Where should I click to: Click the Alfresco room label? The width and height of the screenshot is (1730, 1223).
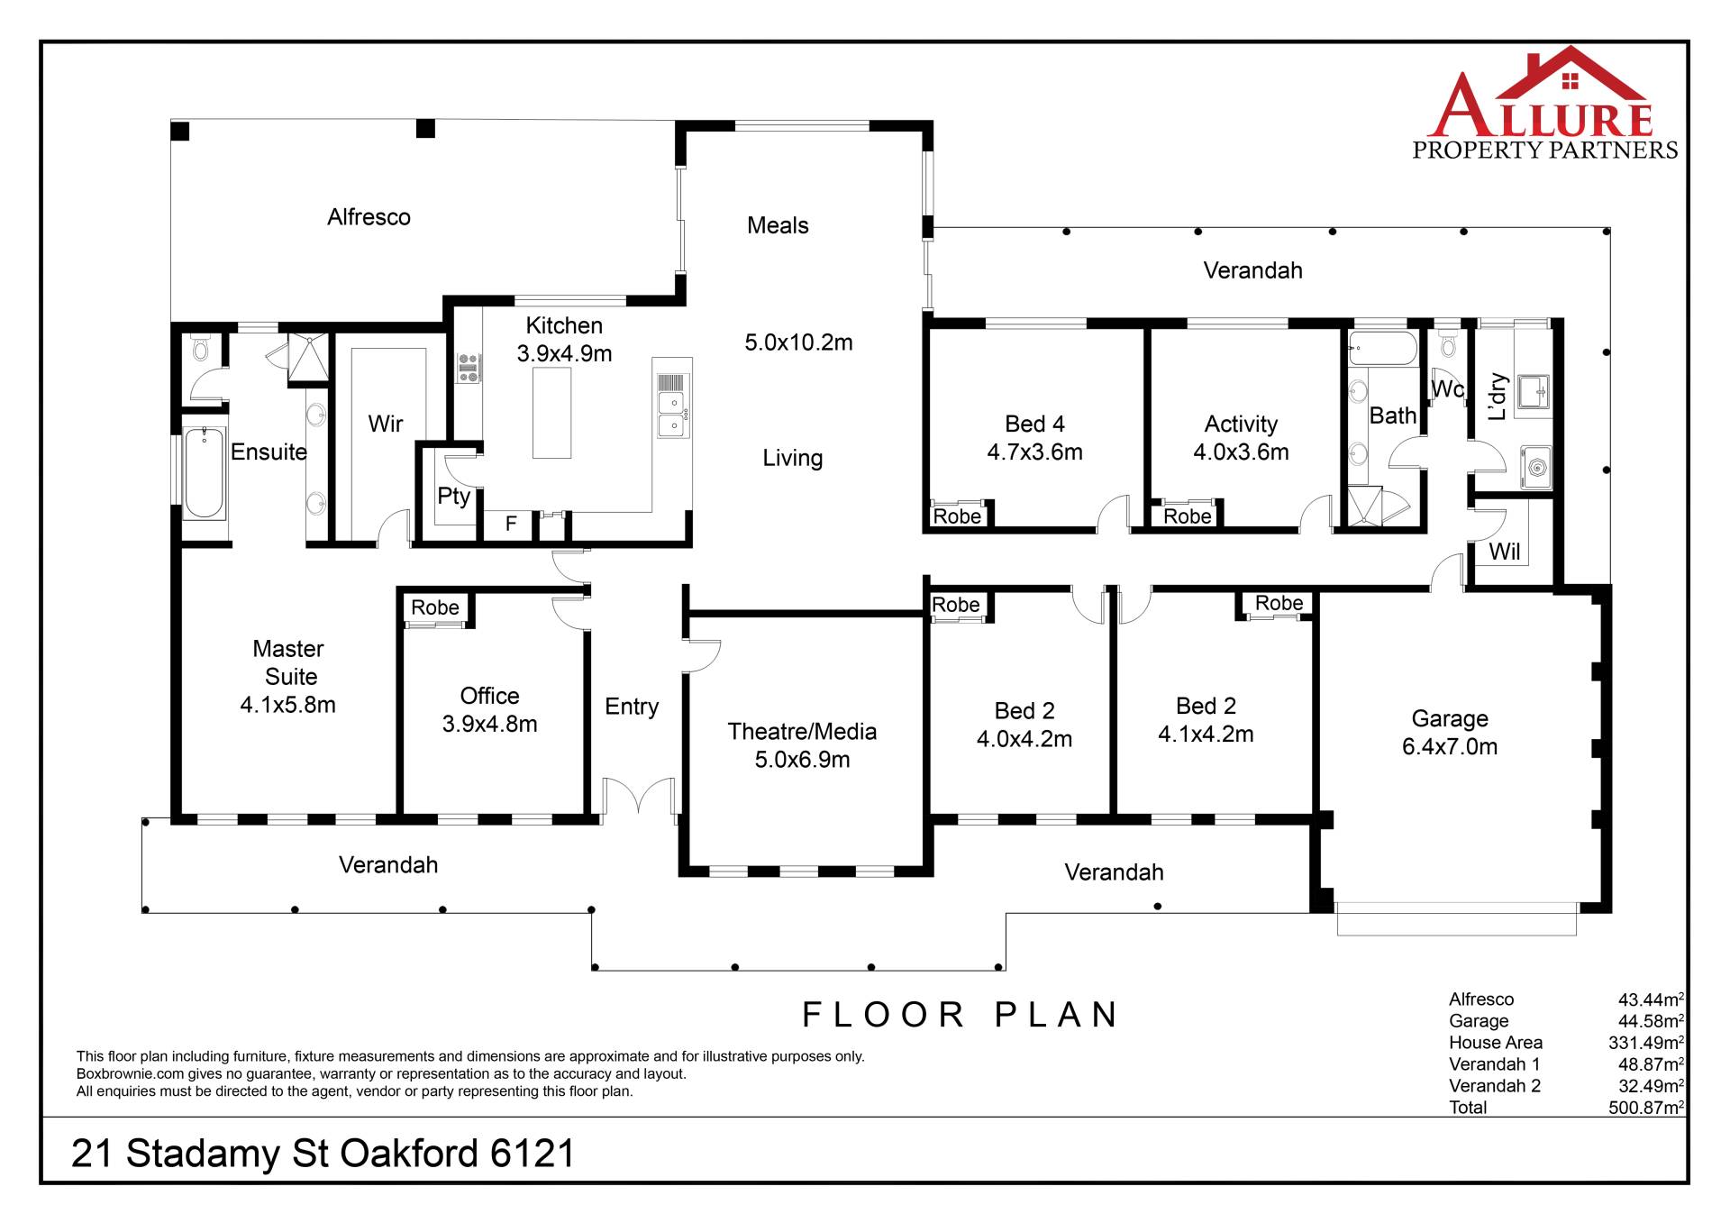pos(369,217)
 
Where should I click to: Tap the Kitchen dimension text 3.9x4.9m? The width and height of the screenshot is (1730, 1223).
pos(564,353)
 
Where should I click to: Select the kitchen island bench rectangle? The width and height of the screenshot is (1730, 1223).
pos(551,413)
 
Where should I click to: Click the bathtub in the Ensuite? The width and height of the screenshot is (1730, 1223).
pos(205,473)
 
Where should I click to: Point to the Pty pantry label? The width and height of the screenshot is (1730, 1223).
pos(454,496)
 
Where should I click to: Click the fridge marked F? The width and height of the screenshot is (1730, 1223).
pos(511,524)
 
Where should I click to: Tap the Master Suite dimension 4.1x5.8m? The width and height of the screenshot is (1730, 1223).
pos(287,705)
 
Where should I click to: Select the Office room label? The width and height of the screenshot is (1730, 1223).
pos(489,696)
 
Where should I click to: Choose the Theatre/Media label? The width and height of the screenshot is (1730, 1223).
pos(802,731)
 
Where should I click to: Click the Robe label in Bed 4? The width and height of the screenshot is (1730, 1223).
pos(957,516)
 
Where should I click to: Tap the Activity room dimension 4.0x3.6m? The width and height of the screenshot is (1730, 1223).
pos(1241,452)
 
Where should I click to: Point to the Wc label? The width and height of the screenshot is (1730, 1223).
pos(1447,389)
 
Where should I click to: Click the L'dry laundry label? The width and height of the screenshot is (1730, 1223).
pos(1498,397)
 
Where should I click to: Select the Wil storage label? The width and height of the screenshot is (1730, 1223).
pos(1504,552)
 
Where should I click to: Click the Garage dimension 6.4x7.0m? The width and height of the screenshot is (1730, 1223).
pos(1450,746)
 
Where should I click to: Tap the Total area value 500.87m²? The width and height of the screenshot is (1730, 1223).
pos(1646,1108)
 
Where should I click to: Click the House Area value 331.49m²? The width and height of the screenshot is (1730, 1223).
pos(1646,1043)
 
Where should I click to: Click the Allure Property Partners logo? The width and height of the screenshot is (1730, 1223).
pos(1544,104)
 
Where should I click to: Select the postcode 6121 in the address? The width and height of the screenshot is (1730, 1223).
pos(532,1154)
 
